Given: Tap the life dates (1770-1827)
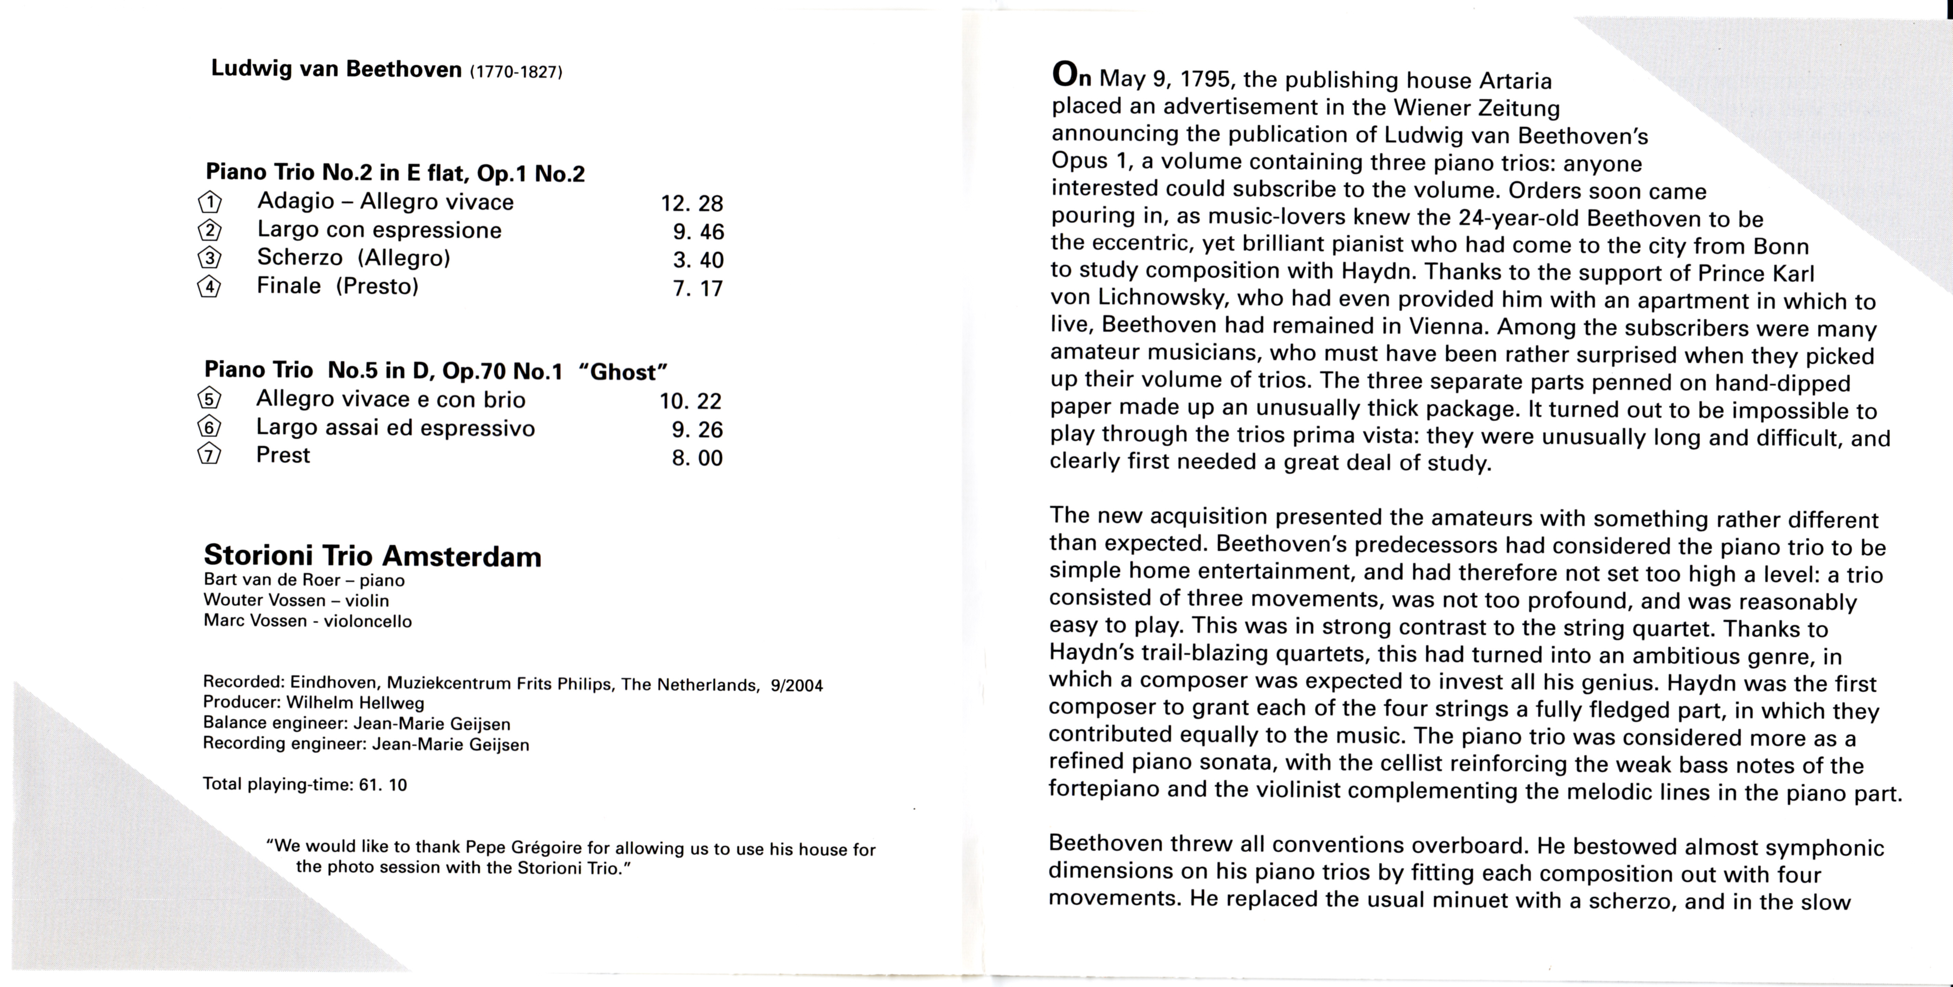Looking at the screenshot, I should (x=516, y=72).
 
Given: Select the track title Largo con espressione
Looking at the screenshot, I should (x=379, y=230).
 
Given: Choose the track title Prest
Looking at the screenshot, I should (x=283, y=455).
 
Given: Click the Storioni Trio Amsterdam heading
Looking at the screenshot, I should (x=372, y=556).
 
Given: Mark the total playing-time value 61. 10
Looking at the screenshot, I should (x=383, y=785).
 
